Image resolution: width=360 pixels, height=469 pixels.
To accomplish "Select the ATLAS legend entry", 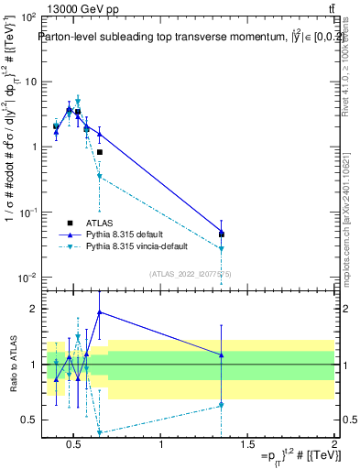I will pyautogui.click(x=98, y=223).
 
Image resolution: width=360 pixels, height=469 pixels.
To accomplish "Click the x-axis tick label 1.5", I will pyautogui.click(x=247, y=445).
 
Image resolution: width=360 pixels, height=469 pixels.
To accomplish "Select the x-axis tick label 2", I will pyautogui.click(x=334, y=445).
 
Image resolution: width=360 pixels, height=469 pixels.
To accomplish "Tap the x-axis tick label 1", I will pyautogui.click(x=161, y=445).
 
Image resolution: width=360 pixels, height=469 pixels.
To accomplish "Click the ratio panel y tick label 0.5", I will pyautogui.click(x=29, y=420).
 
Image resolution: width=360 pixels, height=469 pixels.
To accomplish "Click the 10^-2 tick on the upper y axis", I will pyautogui.click(x=27, y=277).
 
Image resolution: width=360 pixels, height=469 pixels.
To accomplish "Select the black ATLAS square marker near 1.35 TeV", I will pyautogui.click(x=222, y=234).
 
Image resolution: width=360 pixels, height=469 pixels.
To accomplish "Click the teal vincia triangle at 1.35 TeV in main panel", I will pyautogui.click(x=222, y=248).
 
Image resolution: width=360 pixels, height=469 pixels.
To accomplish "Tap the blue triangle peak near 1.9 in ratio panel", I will pyautogui.click(x=100, y=312).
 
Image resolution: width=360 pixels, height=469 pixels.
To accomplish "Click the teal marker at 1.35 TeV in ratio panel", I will pyautogui.click(x=222, y=405).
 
